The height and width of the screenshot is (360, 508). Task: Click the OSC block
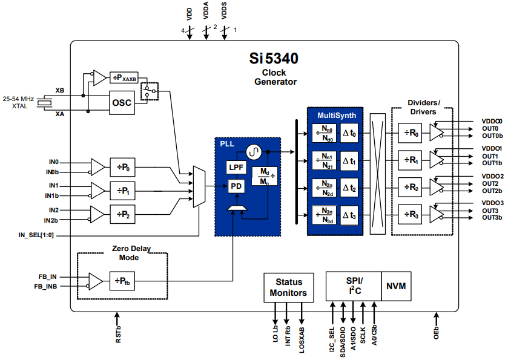pyautogui.click(x=121, y=103)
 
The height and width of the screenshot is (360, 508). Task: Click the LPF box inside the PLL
pyautogui.click(x=236, y=167)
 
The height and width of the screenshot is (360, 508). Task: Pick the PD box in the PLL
pyautogui.click(x=236, y=186)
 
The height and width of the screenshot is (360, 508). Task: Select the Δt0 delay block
pyautogui.click(x=349, y=134)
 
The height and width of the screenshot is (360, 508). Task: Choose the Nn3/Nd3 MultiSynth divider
pyautogui.click(x=325, y=215)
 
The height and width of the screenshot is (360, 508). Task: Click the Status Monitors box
pyautogui.click(x=289, y=287)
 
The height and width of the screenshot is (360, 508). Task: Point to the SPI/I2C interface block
pyautogui.click(x=353, y=286)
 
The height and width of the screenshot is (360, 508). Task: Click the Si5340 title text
pyautogui.click(x=274, y=59)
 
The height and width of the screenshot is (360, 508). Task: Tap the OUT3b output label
pyautogui.click(x=492, y=217)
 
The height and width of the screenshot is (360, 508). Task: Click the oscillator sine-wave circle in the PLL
pyautogui.click(x=252, y=151)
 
